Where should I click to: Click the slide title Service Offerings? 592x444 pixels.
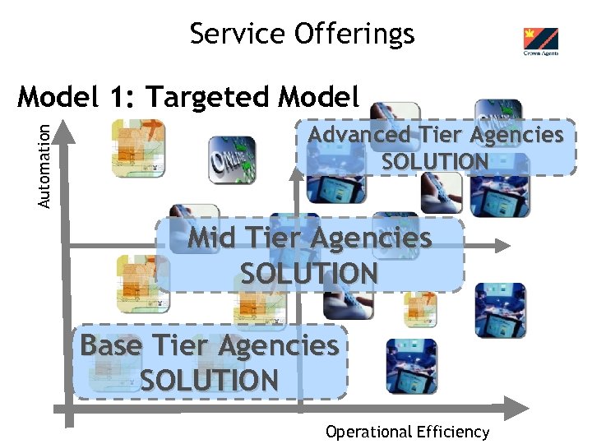click(302, 34)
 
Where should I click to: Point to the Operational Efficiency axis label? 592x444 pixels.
click(407, 432)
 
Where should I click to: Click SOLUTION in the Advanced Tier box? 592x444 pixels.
click(435, 161)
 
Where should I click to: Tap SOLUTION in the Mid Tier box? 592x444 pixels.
click(309, 273)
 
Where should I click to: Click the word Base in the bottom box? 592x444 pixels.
click(109, 346)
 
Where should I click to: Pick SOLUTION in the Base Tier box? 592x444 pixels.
click(209, 381)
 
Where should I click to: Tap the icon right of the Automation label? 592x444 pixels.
click(138, 149)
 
